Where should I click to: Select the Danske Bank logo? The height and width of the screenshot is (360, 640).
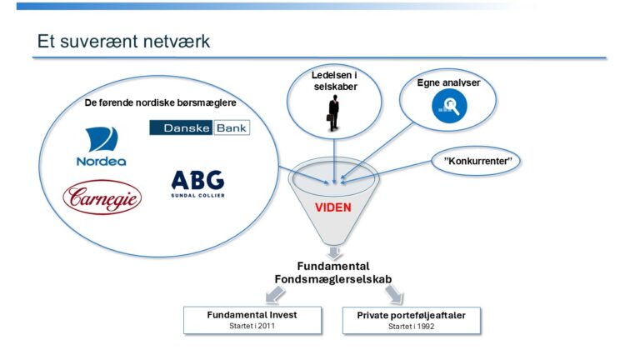click(199, 127)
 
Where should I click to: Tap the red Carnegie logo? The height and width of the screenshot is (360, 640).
click(102, 197)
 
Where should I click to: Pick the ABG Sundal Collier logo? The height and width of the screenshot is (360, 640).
click(197, 184)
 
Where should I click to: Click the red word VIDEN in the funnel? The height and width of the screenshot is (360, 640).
click(332, 207)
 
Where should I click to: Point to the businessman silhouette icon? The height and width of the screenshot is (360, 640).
click(333, 114)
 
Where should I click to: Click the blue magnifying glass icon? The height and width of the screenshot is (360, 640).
click(449, 104)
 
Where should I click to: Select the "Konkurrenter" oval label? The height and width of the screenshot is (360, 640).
click(477, 159)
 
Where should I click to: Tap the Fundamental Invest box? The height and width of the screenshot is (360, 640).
click(252, 320)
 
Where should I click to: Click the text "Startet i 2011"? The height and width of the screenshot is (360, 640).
click(252, 326)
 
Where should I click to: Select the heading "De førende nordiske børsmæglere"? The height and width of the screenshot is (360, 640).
click(161, 103)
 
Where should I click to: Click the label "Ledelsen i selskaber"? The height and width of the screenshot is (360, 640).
click(333, 81)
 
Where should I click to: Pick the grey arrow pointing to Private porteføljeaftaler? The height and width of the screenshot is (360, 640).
click(392, 294)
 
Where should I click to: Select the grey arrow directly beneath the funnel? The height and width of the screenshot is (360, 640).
click(333, 251)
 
